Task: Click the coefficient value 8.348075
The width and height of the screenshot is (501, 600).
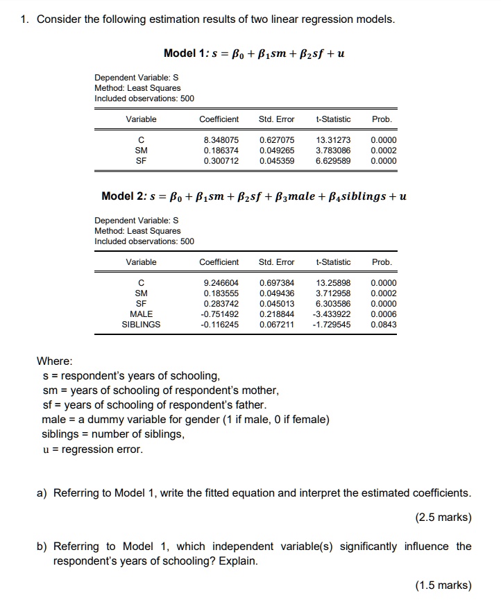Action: pyautogui.click(x=221, y=139)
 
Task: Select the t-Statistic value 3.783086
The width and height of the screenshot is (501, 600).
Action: pyautogui.click(x=333, y=150)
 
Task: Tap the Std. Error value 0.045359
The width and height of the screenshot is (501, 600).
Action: pyautogui.click(x=277, y=160)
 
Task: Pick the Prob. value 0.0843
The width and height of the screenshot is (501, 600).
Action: pyautogui.click(x=384, y=324)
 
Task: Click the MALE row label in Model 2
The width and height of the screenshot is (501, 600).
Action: pyautogui.click(x=141, y=314)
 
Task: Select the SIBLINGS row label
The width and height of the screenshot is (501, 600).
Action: pyautogui.click(x=141, y=324)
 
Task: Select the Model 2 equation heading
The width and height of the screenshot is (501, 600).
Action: pyautogui.click(x=254, y=196)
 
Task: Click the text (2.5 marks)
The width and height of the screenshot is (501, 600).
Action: pyautogui.click(x=443, y=517)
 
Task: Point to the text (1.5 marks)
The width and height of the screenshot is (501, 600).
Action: pyautogui.click(x=443, y=585)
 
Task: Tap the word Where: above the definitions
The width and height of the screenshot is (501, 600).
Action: pyautogui.click(x=54, y=361)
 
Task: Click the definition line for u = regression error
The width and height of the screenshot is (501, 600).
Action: pyautogui.click(x=92, y=449)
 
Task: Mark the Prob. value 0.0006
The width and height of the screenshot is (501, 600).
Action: pyautogui.click(x=384, y=314)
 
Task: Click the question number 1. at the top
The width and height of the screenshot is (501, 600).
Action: pyautogui.click(x=24, y=19)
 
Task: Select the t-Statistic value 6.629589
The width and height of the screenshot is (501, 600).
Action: pyautogui.click(x=333, y=160)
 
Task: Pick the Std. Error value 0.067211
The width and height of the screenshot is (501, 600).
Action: pyautogui.click(x=277, y=324)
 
